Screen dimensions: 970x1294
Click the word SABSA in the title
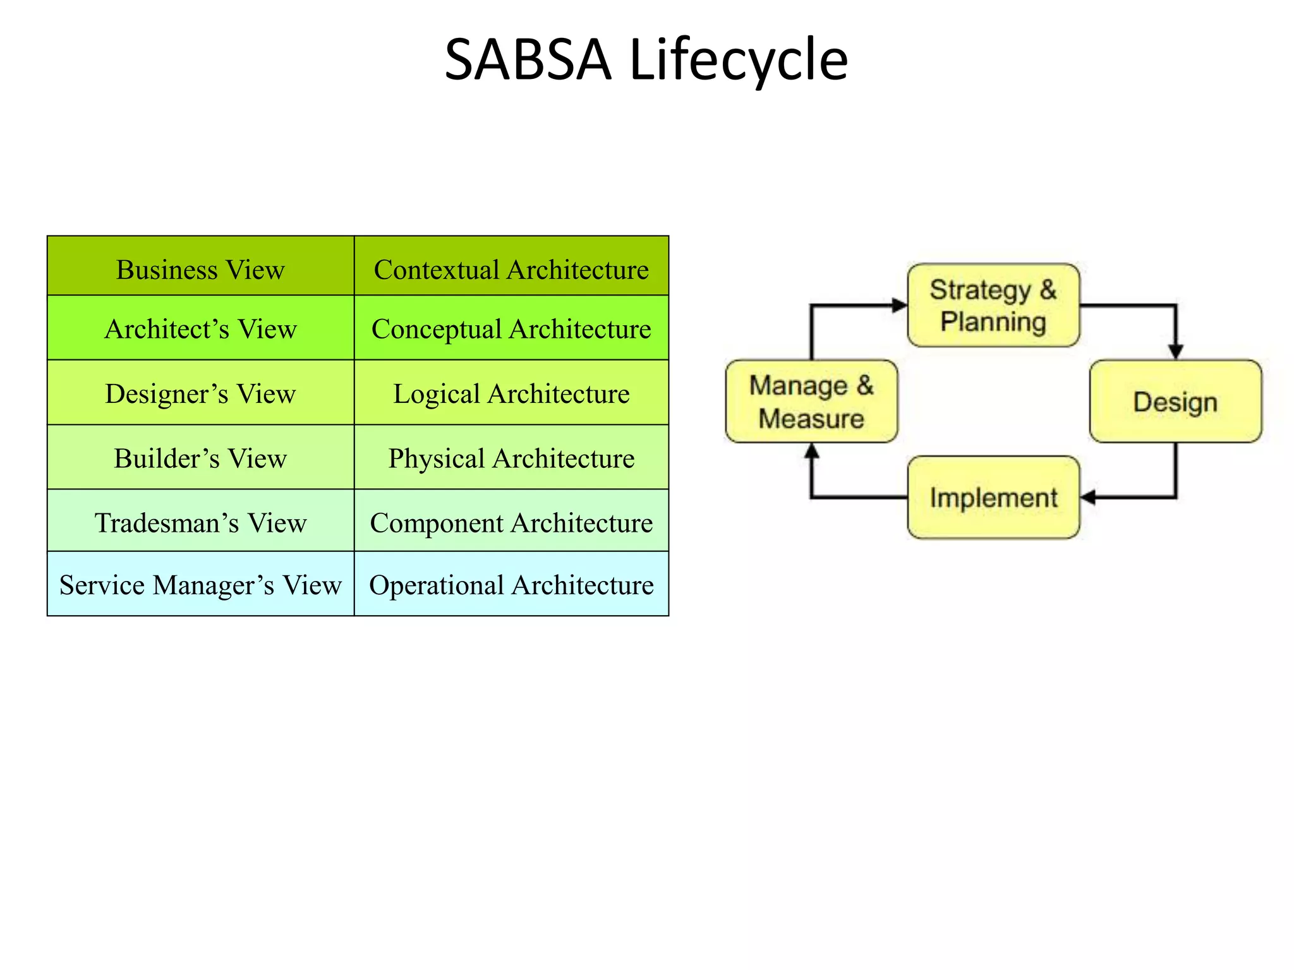(x=528, y=60)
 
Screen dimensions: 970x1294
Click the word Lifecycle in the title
(x=739, y=60)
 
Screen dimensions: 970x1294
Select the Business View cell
(x=200, y=269)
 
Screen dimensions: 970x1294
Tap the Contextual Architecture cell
(x=511, y=269)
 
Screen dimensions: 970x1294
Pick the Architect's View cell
(x=200, y=328)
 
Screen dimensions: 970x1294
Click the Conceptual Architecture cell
(x=511, y=328)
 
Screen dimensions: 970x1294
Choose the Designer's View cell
(x=200, y=393)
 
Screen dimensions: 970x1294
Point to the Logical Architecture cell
(x=511, y=393)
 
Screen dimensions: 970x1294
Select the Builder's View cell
(x=200, y=457)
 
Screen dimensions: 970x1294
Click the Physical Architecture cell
(x=511, y=457)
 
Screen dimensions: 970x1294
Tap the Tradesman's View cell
(x=200, y=522)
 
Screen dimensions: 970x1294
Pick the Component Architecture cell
(x=511, y=522)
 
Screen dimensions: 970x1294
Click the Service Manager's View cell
(x=200, y=584)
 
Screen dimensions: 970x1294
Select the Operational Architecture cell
(x=511, y=584)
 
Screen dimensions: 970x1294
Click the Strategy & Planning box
(x=993, y=306)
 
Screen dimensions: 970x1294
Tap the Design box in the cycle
(x=1175, y=402)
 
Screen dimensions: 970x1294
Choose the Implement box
(x=993, y=498)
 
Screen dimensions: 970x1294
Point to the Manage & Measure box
(x=811, y=402)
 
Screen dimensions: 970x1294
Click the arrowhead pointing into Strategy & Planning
(x=899, y=306)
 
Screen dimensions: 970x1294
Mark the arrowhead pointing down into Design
(x=1175, y=351)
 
